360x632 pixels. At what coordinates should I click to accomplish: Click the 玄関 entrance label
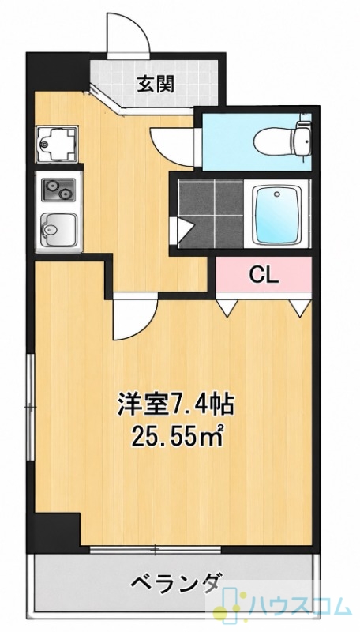pos(156,85)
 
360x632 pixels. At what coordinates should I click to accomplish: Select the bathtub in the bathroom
pos(277,213)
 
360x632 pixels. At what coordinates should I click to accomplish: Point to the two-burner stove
pos(59,190)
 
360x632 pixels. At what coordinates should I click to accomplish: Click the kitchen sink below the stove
pos(58,229)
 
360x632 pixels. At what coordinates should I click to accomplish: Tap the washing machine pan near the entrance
pos(56,143)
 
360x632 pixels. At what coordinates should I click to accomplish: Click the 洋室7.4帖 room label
pos(175,405)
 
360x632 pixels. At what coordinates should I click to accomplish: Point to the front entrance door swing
pos(129,33)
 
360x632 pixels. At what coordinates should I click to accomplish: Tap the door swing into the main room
pos(134,317)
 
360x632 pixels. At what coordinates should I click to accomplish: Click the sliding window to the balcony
pos(155,549)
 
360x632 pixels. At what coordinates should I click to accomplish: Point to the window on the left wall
pos(30,408)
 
